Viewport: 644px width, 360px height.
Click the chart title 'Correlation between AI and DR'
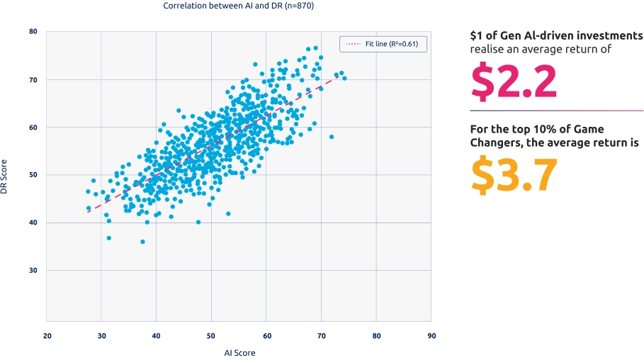pos(238,6)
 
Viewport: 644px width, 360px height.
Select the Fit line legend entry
pos(383,45)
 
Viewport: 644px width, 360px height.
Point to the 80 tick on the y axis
pos(33,32)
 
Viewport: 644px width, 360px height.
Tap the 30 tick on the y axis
pos(33,270)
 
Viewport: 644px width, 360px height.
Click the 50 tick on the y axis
pos(33,175)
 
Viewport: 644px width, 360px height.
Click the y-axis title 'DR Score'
pos(6,177)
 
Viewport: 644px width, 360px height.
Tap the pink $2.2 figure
pos(514,82)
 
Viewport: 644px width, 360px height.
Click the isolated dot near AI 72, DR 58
pos(332,137)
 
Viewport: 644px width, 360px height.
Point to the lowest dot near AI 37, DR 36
pos(142,242)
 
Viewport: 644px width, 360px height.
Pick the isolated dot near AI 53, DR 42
pos(228,213)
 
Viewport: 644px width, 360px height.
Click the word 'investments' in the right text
pos(609,35)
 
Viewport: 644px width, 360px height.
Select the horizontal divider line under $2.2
pos(557,111)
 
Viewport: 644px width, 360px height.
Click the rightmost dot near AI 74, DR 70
pos(344,78)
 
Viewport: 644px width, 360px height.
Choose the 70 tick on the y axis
pos(33,80)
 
